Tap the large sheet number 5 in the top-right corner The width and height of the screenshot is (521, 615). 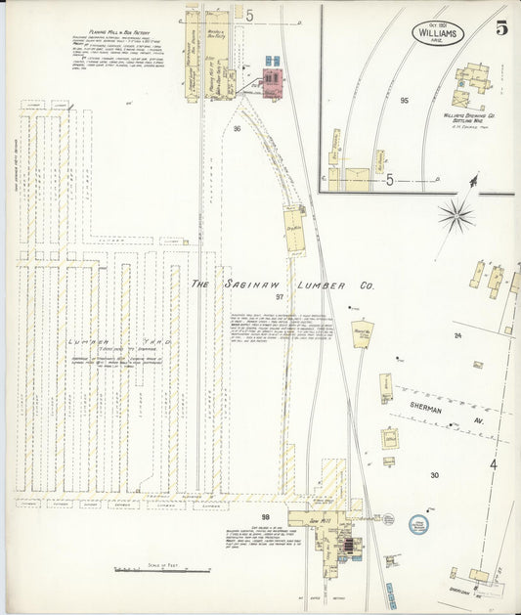500,27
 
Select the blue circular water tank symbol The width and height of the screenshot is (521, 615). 418,525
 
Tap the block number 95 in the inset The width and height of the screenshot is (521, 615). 403,100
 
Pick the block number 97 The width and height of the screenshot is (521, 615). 279,296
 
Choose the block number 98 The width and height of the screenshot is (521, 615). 264,515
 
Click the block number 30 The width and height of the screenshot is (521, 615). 434,475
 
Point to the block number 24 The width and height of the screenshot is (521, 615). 456,335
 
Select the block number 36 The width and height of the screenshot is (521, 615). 237,128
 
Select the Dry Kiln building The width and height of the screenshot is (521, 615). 293,224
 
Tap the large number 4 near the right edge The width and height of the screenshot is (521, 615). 493,463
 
